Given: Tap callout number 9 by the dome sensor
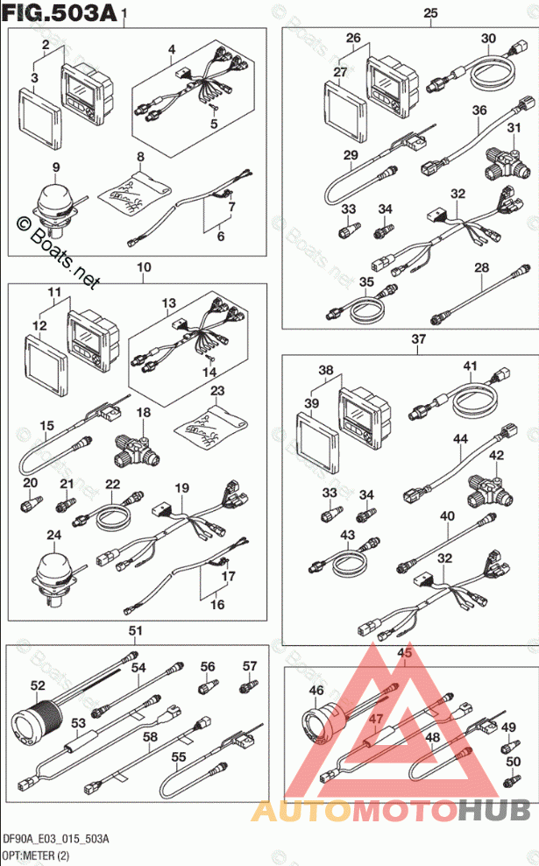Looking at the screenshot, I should click(x=55, y=167).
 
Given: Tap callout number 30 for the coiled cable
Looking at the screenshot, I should click(x=488, y=38).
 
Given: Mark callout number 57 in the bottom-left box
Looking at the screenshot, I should click(x=249, y=666).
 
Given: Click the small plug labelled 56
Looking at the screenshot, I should click(x=208, y=686).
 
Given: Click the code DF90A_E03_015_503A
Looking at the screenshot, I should click(x=54, y=840).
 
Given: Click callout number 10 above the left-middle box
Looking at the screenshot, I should click(x=144, y=266).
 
